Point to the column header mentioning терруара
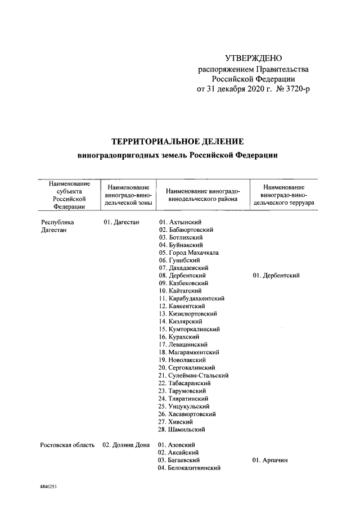tap(284, 195)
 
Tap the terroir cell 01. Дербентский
tap(276, 276)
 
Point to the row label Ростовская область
tap(67, 445)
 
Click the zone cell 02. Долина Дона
tap(125, 445)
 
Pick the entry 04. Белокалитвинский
tap(189, 468)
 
